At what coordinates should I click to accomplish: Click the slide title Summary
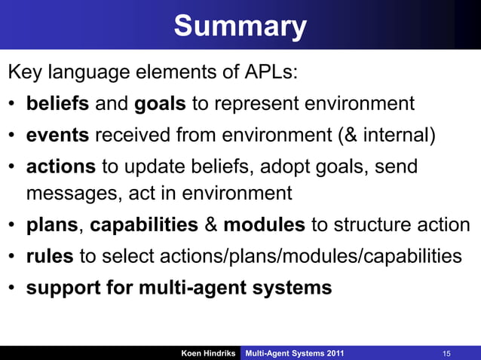coord(240,26)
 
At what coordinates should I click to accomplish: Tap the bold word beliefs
coord(58,103)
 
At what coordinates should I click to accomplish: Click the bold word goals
coord(160,103)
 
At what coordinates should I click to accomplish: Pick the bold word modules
coord(265,225)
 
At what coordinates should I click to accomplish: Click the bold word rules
coord(50,256)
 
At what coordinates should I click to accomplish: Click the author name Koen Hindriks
coord(208,353)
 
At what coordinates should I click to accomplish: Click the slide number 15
coord(447,353)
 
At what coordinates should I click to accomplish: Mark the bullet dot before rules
coord(13,257)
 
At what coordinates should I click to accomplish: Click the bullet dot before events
coord(13,135)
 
